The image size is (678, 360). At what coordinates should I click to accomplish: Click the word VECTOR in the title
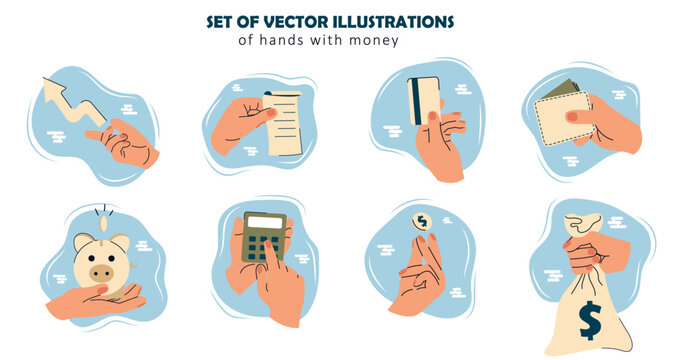click(284, 22)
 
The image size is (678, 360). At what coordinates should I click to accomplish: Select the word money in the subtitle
click(374, 41)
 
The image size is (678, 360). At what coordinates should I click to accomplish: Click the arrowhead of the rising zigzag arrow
click(54, 89)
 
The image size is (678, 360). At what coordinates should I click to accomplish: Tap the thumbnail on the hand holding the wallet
click(572, 116)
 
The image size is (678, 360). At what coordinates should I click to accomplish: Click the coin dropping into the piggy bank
click(103, 224)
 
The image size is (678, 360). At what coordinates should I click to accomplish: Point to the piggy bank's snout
click(102, 273)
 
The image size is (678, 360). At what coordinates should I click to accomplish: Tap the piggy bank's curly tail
click(134, 264)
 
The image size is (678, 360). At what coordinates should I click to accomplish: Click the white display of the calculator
click(265, 222)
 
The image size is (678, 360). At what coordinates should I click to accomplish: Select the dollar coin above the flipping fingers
click(422, 222)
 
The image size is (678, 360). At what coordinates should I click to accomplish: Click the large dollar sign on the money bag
click(590, 320)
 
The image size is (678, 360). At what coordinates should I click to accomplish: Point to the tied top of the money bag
click(583, 225)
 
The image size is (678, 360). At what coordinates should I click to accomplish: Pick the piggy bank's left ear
click(82, 241)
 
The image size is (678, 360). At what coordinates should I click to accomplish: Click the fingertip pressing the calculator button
click(268, 245)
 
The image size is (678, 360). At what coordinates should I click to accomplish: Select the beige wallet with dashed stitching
click(563, 119)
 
